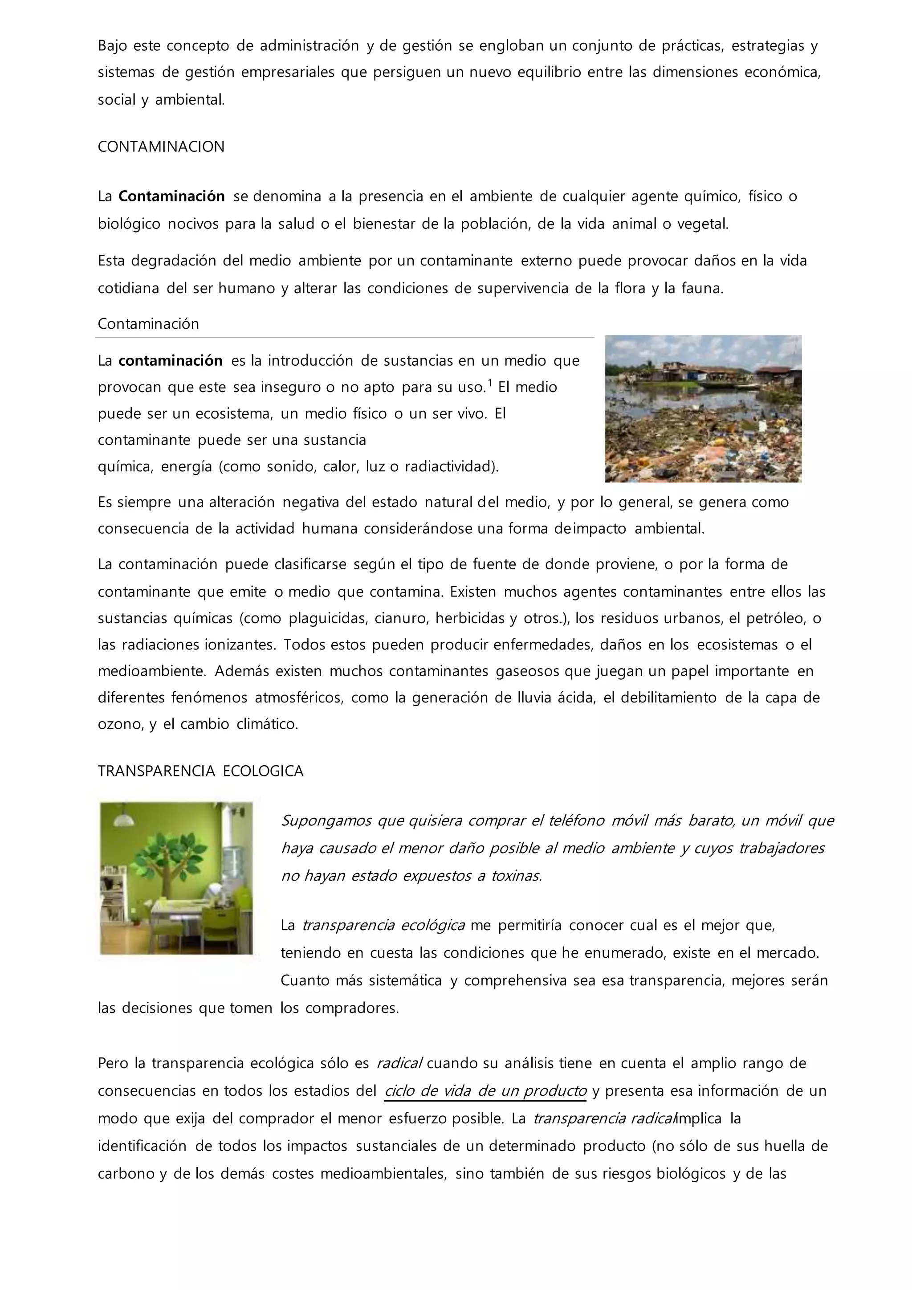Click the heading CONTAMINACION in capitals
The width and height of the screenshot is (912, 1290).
click(161, 147)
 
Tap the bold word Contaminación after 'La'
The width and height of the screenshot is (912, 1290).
click(171, 196)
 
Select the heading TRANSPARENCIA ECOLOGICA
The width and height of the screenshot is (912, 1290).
click(200, 771)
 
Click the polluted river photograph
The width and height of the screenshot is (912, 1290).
click(703, 408)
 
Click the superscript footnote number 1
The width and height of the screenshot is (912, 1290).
click(490, 383)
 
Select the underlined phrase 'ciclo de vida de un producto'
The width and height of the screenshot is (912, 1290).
click(485, 1090)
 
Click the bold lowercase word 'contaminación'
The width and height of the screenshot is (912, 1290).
click(170, 360)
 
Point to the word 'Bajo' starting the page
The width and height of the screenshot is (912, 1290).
click(112, 45)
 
